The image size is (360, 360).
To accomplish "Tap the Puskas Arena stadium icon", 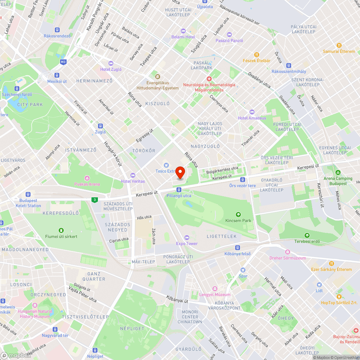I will click(87, 178).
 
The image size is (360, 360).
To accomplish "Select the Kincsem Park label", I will click(238, 220).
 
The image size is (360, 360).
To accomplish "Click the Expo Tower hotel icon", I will click(186, 237).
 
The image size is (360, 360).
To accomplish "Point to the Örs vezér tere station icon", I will click(243, 179).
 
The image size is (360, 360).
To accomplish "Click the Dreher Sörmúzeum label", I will click(288, 258).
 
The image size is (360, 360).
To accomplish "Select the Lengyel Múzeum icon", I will click(215, 289).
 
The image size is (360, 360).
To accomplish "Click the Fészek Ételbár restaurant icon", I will click(256, 54).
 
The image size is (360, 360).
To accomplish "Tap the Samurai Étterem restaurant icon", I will click(339, 45).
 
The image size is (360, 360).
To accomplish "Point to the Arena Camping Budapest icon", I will click(338, 172).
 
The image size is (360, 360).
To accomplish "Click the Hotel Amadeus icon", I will click(252, 112).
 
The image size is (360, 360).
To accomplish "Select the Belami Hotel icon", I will click(183, 31).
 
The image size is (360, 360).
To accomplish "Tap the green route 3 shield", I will click(94, 200).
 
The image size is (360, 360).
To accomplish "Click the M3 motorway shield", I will click(63, 62).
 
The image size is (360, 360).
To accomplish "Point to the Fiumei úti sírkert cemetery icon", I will click(61, 230).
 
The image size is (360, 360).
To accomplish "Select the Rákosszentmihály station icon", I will click(288, 66).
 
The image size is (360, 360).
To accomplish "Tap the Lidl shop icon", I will click(319, 284).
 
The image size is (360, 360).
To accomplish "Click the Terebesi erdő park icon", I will click(307, 235).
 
